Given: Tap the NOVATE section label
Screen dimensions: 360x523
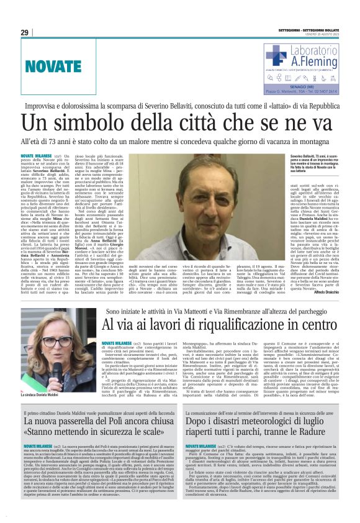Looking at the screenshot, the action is click(53, 65).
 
